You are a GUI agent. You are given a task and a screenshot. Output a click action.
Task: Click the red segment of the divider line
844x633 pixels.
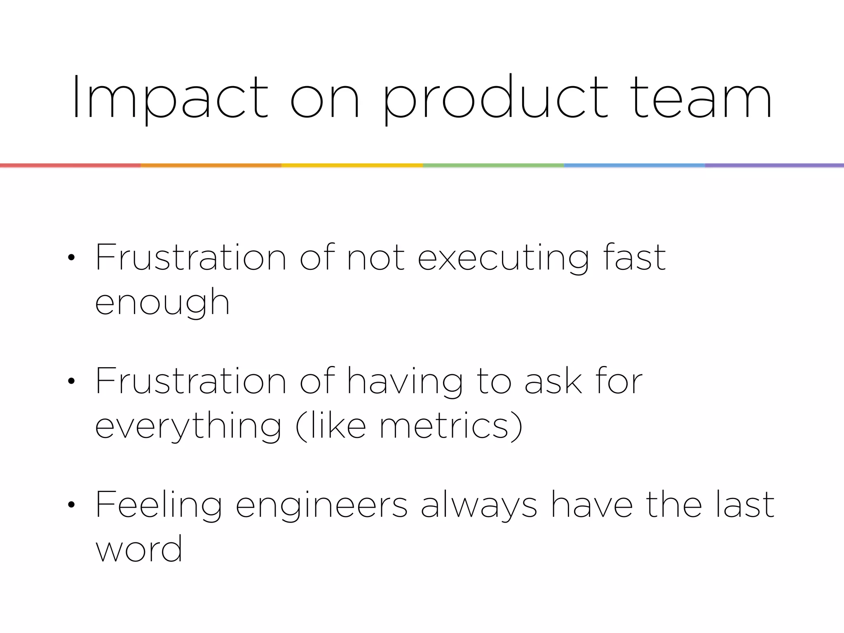(70, 165)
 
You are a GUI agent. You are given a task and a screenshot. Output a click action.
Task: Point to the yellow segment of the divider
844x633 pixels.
(352, 165)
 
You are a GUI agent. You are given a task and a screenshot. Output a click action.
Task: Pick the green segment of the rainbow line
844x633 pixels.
(493, 165)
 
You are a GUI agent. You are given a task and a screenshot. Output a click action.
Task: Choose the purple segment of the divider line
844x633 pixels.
(774, 165)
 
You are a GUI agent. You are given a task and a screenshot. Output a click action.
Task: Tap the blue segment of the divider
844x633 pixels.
(634, 165)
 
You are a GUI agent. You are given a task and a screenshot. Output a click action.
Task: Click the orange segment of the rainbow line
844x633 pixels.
(211, 165)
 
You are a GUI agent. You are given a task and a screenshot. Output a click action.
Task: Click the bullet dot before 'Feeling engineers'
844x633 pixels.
(71, 505)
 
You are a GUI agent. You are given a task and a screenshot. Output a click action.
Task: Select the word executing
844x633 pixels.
(503, 258)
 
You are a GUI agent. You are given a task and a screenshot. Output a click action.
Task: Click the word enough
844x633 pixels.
(162, 303)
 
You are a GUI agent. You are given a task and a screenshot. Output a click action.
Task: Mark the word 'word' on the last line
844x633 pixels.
(139, 549)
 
